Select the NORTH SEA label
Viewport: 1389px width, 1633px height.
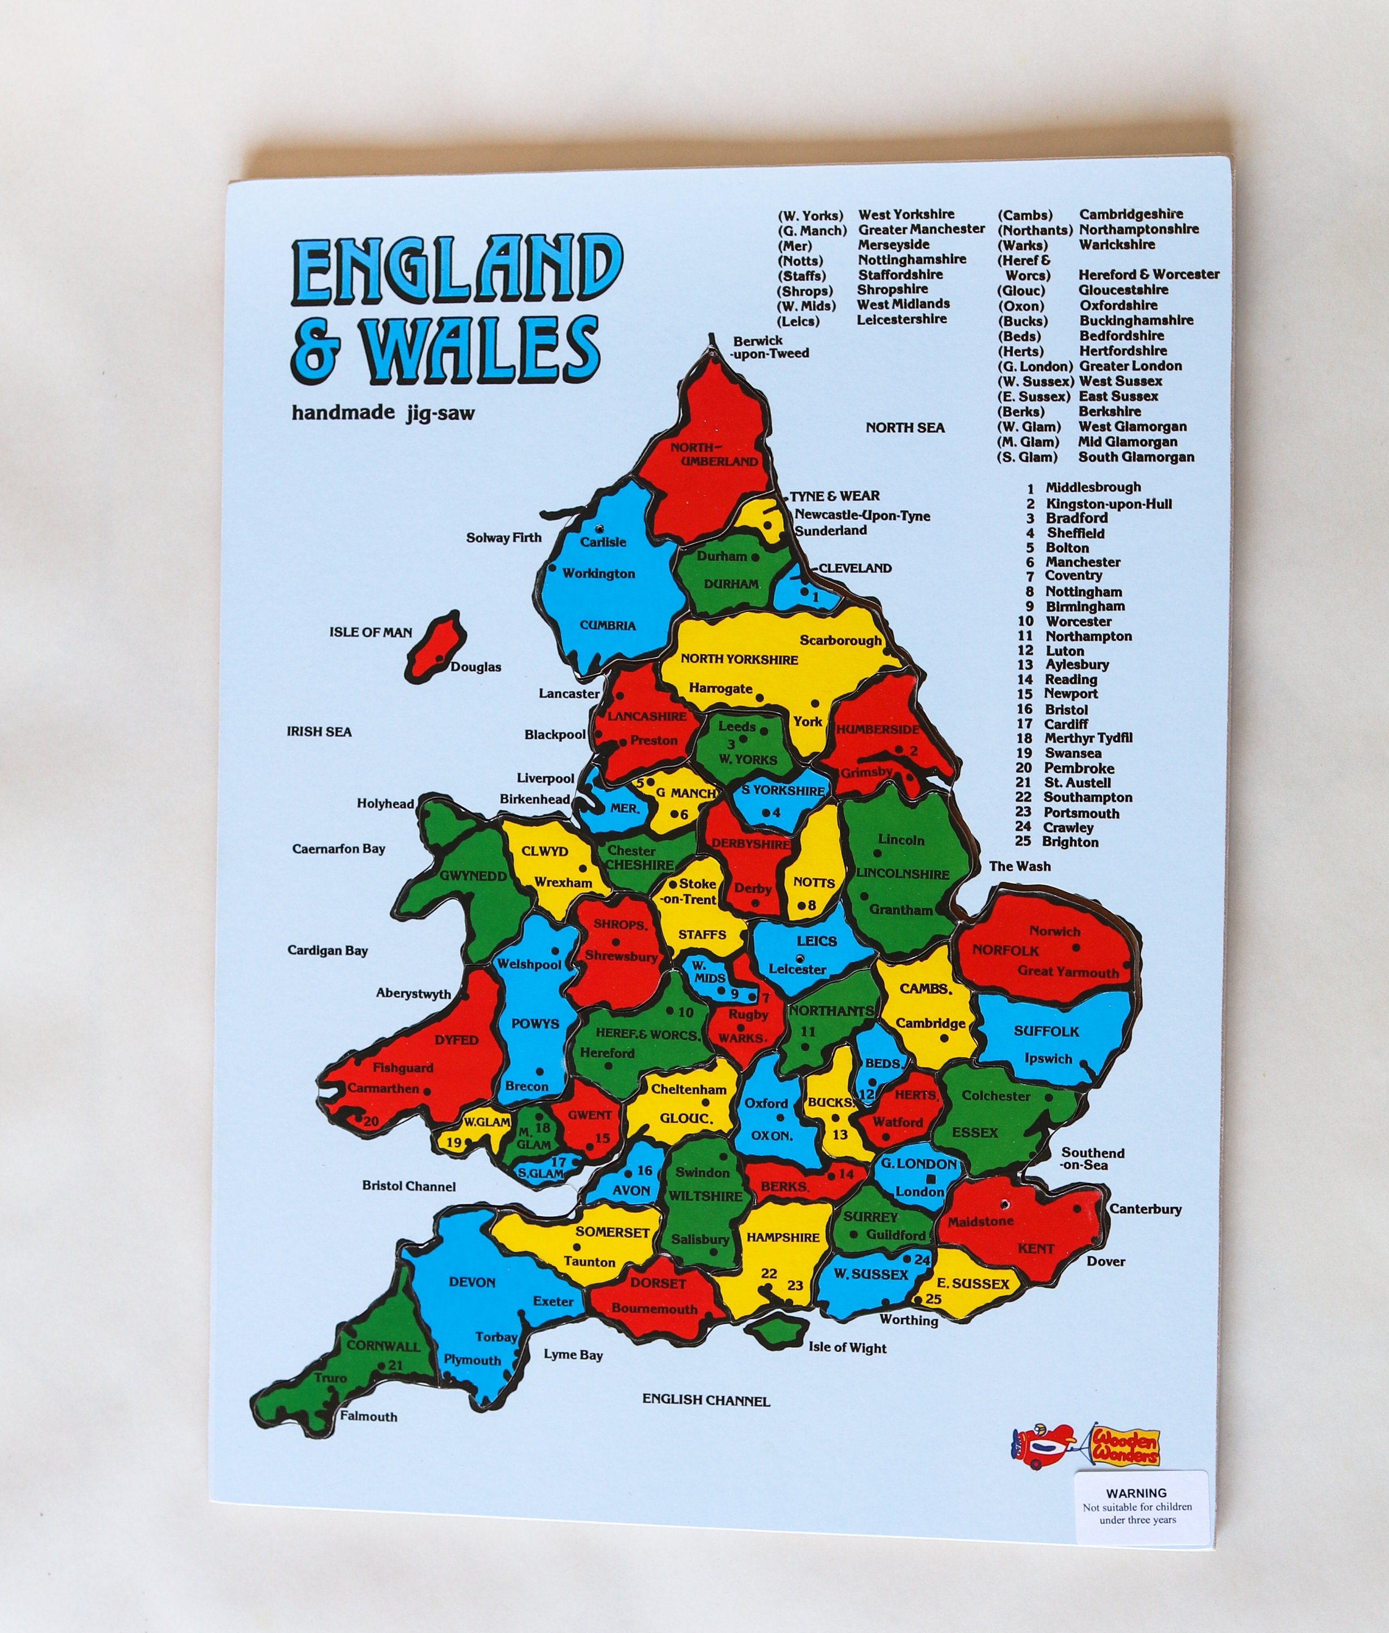[x=905, y=427]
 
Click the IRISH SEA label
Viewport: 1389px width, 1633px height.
[x=319, y=732]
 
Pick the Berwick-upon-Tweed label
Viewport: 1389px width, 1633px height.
[x=770, y=347]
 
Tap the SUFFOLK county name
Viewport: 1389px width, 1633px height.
[x=1046, y=1030]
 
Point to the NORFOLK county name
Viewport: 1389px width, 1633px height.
[x=1005, y=949]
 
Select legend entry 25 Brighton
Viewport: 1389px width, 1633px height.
[x=1058, y=842]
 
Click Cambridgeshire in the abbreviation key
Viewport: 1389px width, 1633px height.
[x=1130, y=214]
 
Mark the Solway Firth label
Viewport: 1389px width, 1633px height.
[x=504, y=538]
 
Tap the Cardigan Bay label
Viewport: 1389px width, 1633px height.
[x=328, y=950]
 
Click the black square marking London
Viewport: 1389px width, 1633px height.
[x=931, y=1178]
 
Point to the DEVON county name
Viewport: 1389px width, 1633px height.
[x=472, y=1282]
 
